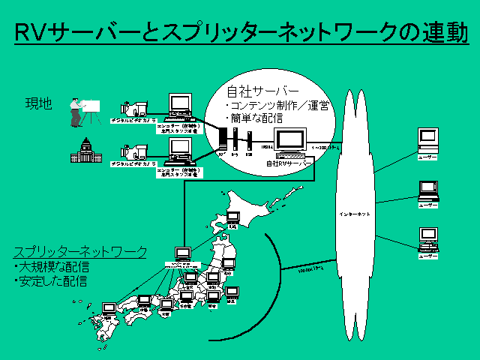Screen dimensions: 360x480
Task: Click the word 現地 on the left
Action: (x=38, y=103)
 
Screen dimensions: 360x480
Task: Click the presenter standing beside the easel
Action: (x=76, y=112)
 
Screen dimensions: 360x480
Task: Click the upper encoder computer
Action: (x=179, y=106)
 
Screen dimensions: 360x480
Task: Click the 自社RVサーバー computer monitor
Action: (x=289, y=139)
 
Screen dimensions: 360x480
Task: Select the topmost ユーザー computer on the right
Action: (x=428, y=139)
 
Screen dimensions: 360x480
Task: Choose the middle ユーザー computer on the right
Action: (x=428, y=190)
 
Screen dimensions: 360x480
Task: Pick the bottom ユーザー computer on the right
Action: (x=428, y=238)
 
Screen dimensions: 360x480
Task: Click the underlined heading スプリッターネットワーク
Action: (x=79, y=252)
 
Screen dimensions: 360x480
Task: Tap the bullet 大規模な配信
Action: (x=52, y=267)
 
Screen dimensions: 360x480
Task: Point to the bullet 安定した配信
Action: (x=52, y=281)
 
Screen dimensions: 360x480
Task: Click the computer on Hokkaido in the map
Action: (x=233, y=218)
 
